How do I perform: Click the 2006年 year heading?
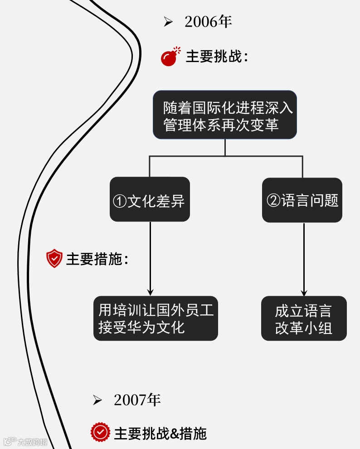pos(208,22)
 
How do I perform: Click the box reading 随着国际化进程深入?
pos(225,115)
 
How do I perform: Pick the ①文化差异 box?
pos(150,199)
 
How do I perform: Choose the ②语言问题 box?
pos(302,200)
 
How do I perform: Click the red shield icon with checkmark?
pos(54,258)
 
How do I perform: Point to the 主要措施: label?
pos(97,259)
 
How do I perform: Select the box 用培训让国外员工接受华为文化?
pos(156,318)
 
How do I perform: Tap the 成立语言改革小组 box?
pos(303,319)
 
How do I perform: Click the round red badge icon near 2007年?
pos(100,433)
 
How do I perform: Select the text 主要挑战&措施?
pos(160,433)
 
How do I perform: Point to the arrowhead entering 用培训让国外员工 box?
pos(150,292)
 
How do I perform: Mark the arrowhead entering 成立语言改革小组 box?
pos(304,292)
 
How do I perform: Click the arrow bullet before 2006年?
pos(168,22)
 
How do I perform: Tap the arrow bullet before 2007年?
pos(97,400)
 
